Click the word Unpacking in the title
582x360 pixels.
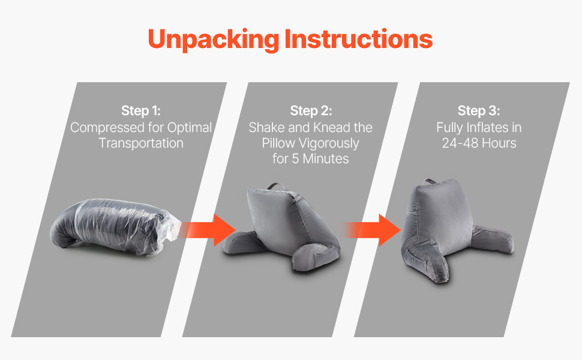[x=214, y=40]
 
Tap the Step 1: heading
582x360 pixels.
[x=140, y=110]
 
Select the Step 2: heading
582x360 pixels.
[x=311, y=110]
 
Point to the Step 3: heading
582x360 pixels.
[x=479, y=110]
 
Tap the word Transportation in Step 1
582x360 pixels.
[x=141, y=143]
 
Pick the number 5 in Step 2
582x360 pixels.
[x=295, y=159]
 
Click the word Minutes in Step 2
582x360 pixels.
[x=326, y=159]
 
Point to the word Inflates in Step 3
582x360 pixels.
[x=487, y=128]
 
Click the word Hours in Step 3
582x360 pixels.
[x=499, y=143]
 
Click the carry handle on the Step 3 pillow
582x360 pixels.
[x=432, y=182]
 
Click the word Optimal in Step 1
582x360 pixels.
[x=189, y=128]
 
